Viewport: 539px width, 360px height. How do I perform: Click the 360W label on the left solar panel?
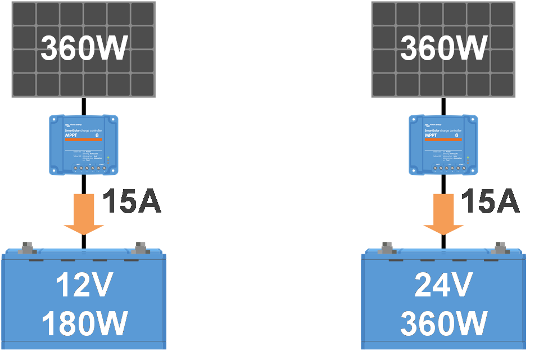(x=84, y=49)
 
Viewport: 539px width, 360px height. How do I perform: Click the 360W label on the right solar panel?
(x=443, y=49)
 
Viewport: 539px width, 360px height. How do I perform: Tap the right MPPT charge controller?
(x=443, y=144)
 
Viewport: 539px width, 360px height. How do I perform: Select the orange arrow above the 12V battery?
(x=84, y=216)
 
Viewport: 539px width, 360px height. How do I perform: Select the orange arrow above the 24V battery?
(x=443, y=216)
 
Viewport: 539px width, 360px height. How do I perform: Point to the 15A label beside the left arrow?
(x=132, y=202)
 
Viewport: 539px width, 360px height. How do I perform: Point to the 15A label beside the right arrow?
(x=490, y=202)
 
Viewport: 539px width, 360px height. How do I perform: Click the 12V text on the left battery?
(x=84, y=286)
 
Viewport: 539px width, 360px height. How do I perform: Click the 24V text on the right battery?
(x=443, y=286)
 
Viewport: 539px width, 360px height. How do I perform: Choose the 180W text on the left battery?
(x=84, y=323)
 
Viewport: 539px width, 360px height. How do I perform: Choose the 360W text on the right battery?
(x=443, y=323)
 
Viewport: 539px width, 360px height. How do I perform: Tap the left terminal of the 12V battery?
(x=27, y=247)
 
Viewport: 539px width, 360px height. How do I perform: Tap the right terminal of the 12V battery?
(x=141, y=247)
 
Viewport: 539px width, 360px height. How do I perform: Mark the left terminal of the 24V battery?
(x=387, y=247)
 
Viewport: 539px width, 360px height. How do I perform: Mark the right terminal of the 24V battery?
(x=500, y=247)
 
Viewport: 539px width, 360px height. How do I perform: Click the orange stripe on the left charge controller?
(x=83, y=139)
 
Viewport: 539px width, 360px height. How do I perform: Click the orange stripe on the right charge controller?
(x=442, y=139)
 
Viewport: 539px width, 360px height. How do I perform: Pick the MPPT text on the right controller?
(x=430, y=136)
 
